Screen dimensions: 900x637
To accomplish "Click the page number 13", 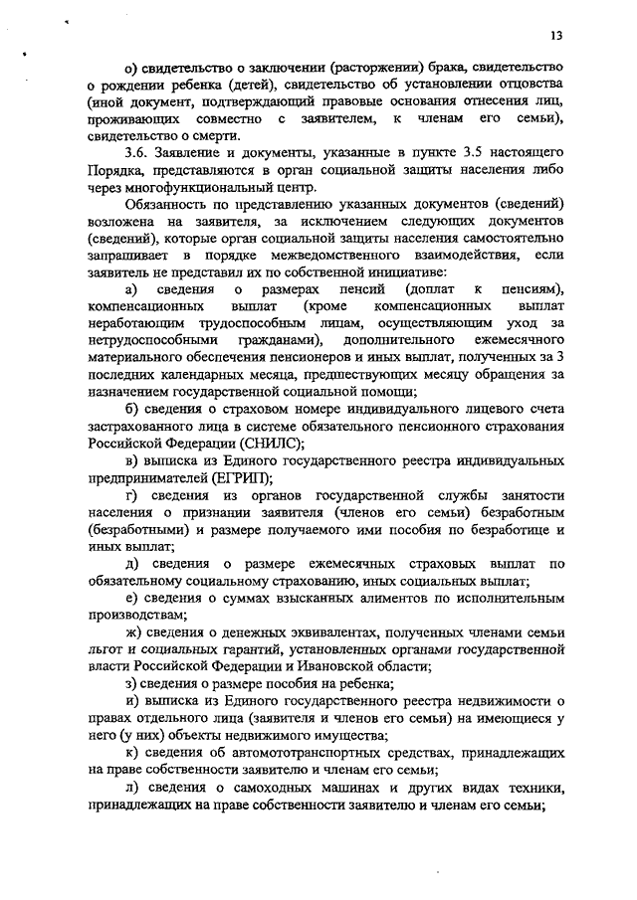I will (554, 36).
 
